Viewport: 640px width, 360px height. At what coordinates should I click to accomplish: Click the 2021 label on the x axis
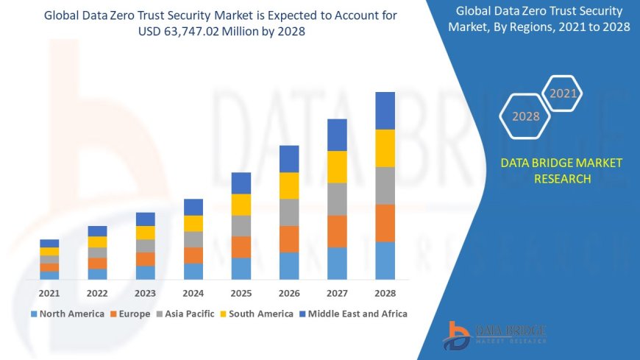(x=49, y=293)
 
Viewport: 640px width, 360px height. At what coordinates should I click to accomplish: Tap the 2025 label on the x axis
(x=241, y=293)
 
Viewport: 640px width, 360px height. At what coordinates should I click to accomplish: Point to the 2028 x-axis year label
(x=385, y=293)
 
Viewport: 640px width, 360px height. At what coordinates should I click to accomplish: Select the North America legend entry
(x=67, y=314)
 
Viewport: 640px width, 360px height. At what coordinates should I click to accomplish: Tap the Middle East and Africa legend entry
(x=353, y=314)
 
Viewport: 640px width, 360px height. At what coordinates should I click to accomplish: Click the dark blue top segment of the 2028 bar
(x=385, y=110)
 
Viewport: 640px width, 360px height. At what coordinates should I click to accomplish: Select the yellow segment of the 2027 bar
(x=337, y=166)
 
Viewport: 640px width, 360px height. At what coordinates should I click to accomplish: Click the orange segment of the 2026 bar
(x=289, y=239)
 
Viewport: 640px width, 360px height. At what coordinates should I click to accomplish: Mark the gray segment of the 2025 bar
(x=241, y=225)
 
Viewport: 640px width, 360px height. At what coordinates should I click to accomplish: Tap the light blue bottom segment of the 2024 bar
(x=193, y=271)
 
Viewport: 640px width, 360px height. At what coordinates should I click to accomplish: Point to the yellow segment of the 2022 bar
(x=97, y=241)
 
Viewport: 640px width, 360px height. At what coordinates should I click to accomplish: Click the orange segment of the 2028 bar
(x=385, y=223)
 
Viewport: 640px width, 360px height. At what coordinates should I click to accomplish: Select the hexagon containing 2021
(x=563, y=93)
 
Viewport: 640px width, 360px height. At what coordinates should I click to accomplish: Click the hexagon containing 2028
(x=525, y=116)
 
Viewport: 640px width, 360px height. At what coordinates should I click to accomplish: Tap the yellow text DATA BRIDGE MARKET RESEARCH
(x=561, y=171)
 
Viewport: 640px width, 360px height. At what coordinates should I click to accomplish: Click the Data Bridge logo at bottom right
(x=494, y=335)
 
